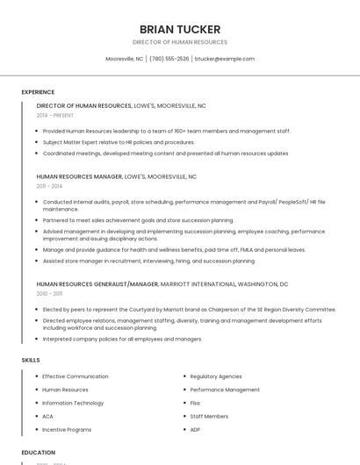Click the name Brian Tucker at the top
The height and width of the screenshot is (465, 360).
pyautogui.click(x=180, y=29)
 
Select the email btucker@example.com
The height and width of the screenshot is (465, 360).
pyautogui.click(x=225, y=59)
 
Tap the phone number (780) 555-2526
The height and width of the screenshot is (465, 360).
pyautogui.click(x=169, y=59)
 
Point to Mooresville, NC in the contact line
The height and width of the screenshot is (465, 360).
pyautogui.click(x=125, y=59)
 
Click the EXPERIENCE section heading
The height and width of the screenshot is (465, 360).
pyautogui.click(x=38, y=92)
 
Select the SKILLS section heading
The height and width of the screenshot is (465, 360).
pyautogui.click(x=31, y=360)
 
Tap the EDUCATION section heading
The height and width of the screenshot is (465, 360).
pyautogui.click(x=39, y=453)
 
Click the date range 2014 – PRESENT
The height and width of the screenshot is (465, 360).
pyautogui.click(x=55, y=115)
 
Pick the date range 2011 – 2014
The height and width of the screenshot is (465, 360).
pyautogui.click(x=49, y=186)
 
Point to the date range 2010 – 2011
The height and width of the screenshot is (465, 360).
pyautogui.click(x=49, y=294)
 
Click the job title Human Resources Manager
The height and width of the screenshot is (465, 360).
pyautogui.click(x=79, y=176)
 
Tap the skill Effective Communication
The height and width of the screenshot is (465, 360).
pyautogui.click(x=76, y=376)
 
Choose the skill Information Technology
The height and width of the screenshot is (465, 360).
pyautogui.click(x=73, y=403)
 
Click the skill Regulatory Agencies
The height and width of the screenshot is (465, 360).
pyautogui.click(x=216, y=376)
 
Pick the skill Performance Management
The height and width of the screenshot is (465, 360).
pyautogui.click(x=225, y=390)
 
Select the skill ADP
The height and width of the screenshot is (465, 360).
pyautogui.click(x=196, y=430)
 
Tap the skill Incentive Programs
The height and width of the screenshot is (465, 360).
pyautogui.click(x=67, y=430)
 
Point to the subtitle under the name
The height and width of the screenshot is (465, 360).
pyautogui.click(x=180, y=42)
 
